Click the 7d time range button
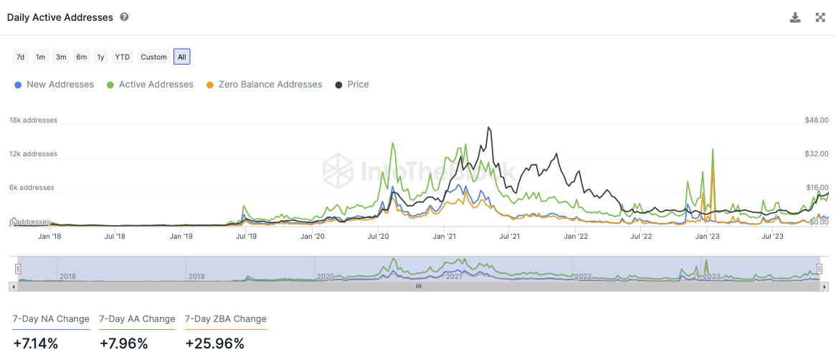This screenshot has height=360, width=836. (x=21, y=57)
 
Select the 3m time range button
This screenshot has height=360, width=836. (x=61, y=57)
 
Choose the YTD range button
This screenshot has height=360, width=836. (x=123, y=57)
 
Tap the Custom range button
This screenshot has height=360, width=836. (x=153, y=57)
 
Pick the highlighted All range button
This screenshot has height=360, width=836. (x=182, y=57)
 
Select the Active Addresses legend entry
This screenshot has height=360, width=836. (x=150, y=85)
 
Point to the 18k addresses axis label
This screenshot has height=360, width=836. (x=33, y=120)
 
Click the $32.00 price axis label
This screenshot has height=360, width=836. (x=817, y=154)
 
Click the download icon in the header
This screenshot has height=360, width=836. (x=795, y=17)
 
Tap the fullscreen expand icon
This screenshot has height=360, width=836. (x=820, y=17)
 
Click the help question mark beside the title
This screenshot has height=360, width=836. (x=124, y=16)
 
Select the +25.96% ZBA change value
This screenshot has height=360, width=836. (x=214, y=344)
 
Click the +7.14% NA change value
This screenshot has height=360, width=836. (x=35, y=344)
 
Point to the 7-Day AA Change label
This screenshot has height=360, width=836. (x=137, y=319)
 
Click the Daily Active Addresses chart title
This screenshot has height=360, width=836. (x=60, y=17)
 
